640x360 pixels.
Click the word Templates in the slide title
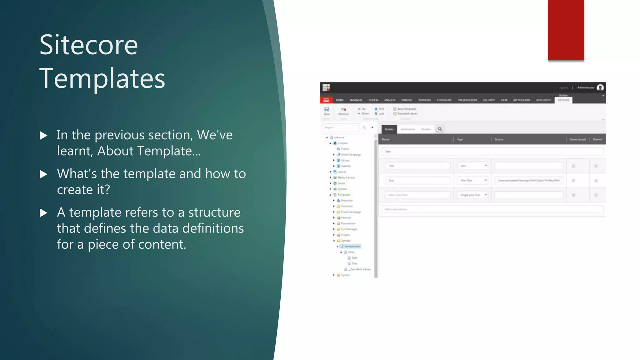[102, 78]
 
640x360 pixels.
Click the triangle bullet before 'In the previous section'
[43, 136]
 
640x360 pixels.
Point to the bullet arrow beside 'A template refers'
[43, 213]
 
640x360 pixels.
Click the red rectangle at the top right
[566, 30]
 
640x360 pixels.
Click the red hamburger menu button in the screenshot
[326, 100]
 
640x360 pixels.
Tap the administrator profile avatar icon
[600, 87]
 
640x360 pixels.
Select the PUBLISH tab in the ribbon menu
[407, 100]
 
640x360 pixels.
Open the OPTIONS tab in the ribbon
[563, 100]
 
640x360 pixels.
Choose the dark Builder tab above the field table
[389, 129]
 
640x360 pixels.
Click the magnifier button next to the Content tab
[440, 129]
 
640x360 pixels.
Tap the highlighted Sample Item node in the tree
[352, 246]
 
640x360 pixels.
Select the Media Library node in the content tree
[346, 177]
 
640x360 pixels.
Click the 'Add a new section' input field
[492, 209]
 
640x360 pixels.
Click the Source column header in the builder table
[499, 139]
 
